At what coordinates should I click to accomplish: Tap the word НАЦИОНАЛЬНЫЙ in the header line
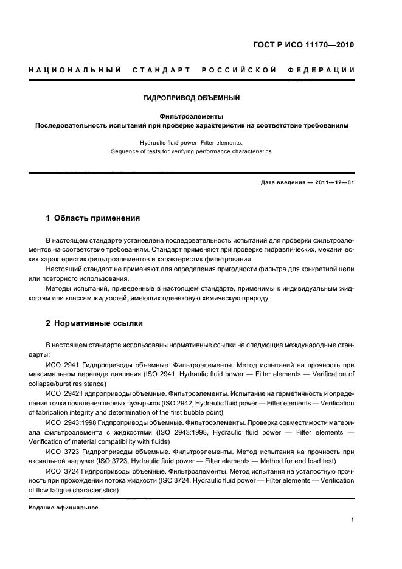click(x=74, y=71)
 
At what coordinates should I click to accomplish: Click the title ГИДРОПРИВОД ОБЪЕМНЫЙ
click(x=192, y=97)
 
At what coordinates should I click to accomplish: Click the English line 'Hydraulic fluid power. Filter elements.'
click(x=192, y=142)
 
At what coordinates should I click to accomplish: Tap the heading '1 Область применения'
click(x=93, y=218)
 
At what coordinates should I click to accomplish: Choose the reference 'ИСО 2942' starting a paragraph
click(x=62, y=393)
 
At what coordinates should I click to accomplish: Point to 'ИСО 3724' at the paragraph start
click(x=62, y=471)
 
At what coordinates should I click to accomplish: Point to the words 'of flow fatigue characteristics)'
click(x=76, y=490)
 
